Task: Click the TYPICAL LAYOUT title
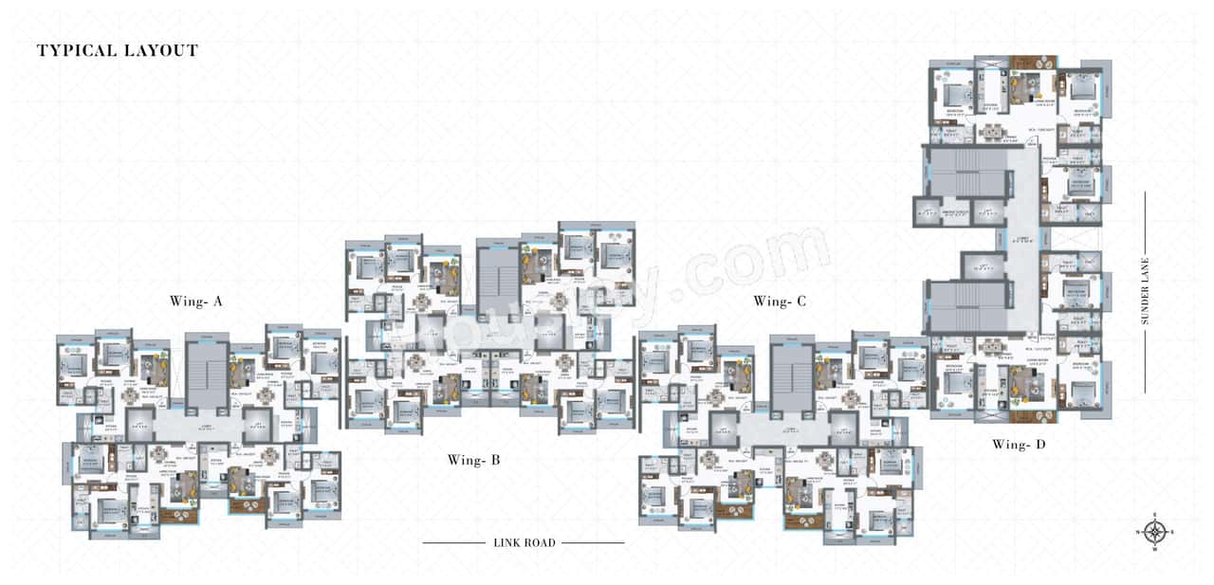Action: (118, 51)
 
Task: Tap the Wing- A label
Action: (196, 302)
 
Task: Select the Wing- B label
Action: (473, 461)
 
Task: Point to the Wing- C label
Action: (780, 302)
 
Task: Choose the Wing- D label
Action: (1019, 445)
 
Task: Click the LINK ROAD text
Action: (524, 543)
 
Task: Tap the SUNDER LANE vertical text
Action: (1145, 292)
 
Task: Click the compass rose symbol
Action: (1154, 532)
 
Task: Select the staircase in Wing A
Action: (206, 374)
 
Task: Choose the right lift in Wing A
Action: (258, 425)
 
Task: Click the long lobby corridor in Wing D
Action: (1022, 242)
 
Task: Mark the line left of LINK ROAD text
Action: (453, 543)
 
